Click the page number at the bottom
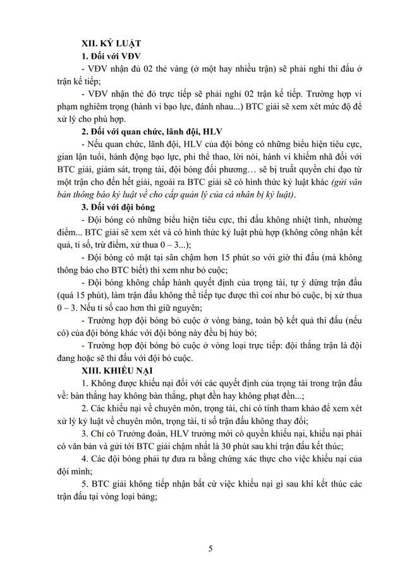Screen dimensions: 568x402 point(210,548)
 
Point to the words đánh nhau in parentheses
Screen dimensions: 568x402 point(214,106)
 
